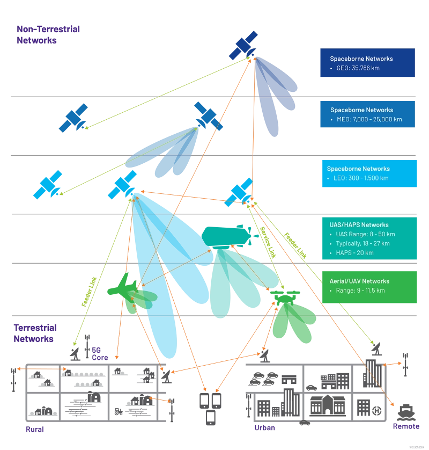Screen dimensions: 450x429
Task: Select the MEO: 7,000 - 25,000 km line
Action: tap(367, 119)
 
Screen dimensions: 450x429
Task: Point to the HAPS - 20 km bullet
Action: tap(354, 253)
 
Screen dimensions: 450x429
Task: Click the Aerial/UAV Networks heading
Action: tap(360, 281)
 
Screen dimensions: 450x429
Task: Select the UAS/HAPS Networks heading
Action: tap(359, 224)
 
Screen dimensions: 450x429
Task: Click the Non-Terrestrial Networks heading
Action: tap(49, 34)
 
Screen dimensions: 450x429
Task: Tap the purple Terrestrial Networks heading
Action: tap(36, 333)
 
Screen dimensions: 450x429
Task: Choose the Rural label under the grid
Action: tap(36, 430)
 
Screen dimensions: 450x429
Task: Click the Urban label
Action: tap(265, 428)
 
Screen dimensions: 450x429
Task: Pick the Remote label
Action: tap(405, 426)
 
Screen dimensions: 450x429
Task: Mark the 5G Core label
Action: tap(97, 353)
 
